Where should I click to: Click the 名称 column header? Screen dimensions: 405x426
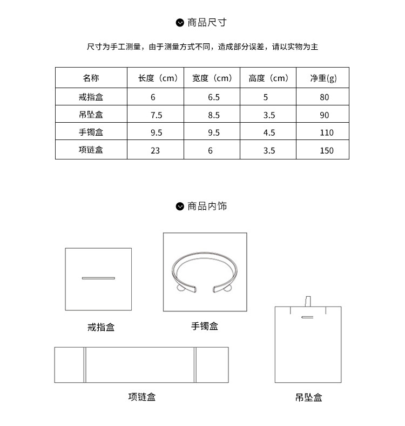tap(91, 78)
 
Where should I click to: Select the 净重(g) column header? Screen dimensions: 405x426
tap(323, 78)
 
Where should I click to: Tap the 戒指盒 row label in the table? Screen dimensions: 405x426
tap(91, 97)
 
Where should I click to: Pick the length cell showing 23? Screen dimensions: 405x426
tap(156, 150)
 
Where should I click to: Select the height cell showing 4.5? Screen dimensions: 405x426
tap(269, 132)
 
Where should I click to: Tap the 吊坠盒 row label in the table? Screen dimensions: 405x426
tap(91, 115)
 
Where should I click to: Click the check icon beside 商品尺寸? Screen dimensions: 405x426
tap(180, 23)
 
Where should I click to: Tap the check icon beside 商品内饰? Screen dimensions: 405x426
tap(180, 207)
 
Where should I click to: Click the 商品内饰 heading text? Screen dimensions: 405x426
tap(207, 207)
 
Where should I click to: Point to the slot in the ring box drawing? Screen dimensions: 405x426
tap(98, 278)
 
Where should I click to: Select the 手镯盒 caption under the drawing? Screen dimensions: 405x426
tap(205, 326)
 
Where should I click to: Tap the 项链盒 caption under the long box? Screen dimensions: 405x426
tap(141, 397)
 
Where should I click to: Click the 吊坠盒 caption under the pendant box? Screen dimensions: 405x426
tap(309, 397)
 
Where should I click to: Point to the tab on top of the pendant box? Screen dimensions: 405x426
tap(308, 301)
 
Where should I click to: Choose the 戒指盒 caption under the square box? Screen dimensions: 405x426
tap(101, 327)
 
